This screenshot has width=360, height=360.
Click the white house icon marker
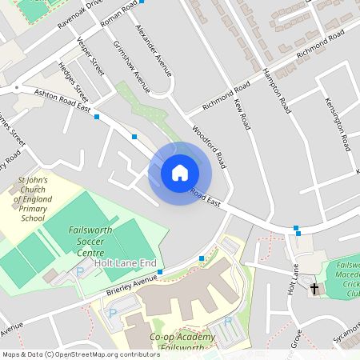(179, 173)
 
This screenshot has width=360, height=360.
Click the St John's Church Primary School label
(33, 199)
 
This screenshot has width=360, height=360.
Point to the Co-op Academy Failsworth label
(182, 342)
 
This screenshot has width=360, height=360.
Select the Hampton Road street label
(276, 88)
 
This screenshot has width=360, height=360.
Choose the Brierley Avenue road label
(132, 284)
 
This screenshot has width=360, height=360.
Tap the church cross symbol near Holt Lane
(314, 288)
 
